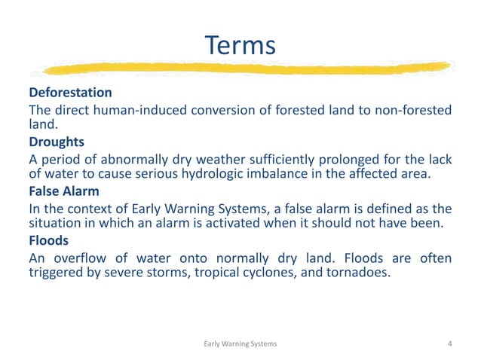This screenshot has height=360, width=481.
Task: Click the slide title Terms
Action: [x=240, y=46]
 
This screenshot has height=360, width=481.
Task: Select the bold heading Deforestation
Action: [x=70, y=93]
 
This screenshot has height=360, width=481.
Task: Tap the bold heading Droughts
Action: [x=57, y=142]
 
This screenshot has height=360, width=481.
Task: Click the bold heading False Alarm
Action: [x=64, y=191]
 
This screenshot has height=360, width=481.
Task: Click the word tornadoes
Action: [x=361, y=273]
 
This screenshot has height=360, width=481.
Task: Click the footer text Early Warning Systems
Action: [x=240, y=343]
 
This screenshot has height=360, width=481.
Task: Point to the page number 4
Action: [x=449, y=343]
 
